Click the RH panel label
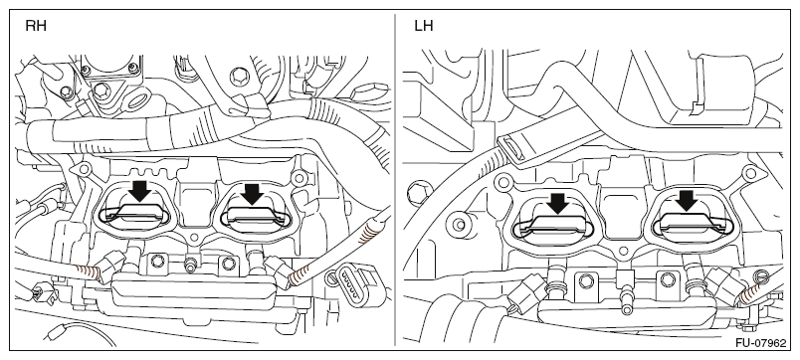[x=36, y=26]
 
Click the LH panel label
[x=424, y=26]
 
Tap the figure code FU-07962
[x=761, y=343]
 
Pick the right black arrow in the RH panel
[x=252, y=194]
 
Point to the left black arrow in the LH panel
[x=558, y=203]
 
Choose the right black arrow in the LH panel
[x=689, y=200]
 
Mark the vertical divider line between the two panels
[x=395, y=179]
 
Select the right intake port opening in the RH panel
[x=255, y=218]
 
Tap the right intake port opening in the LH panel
[x=693, y=225]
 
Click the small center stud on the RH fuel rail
[x=191, y=265]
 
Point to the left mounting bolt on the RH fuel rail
[x=156, y=262]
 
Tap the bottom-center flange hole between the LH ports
[x=623, y=252]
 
